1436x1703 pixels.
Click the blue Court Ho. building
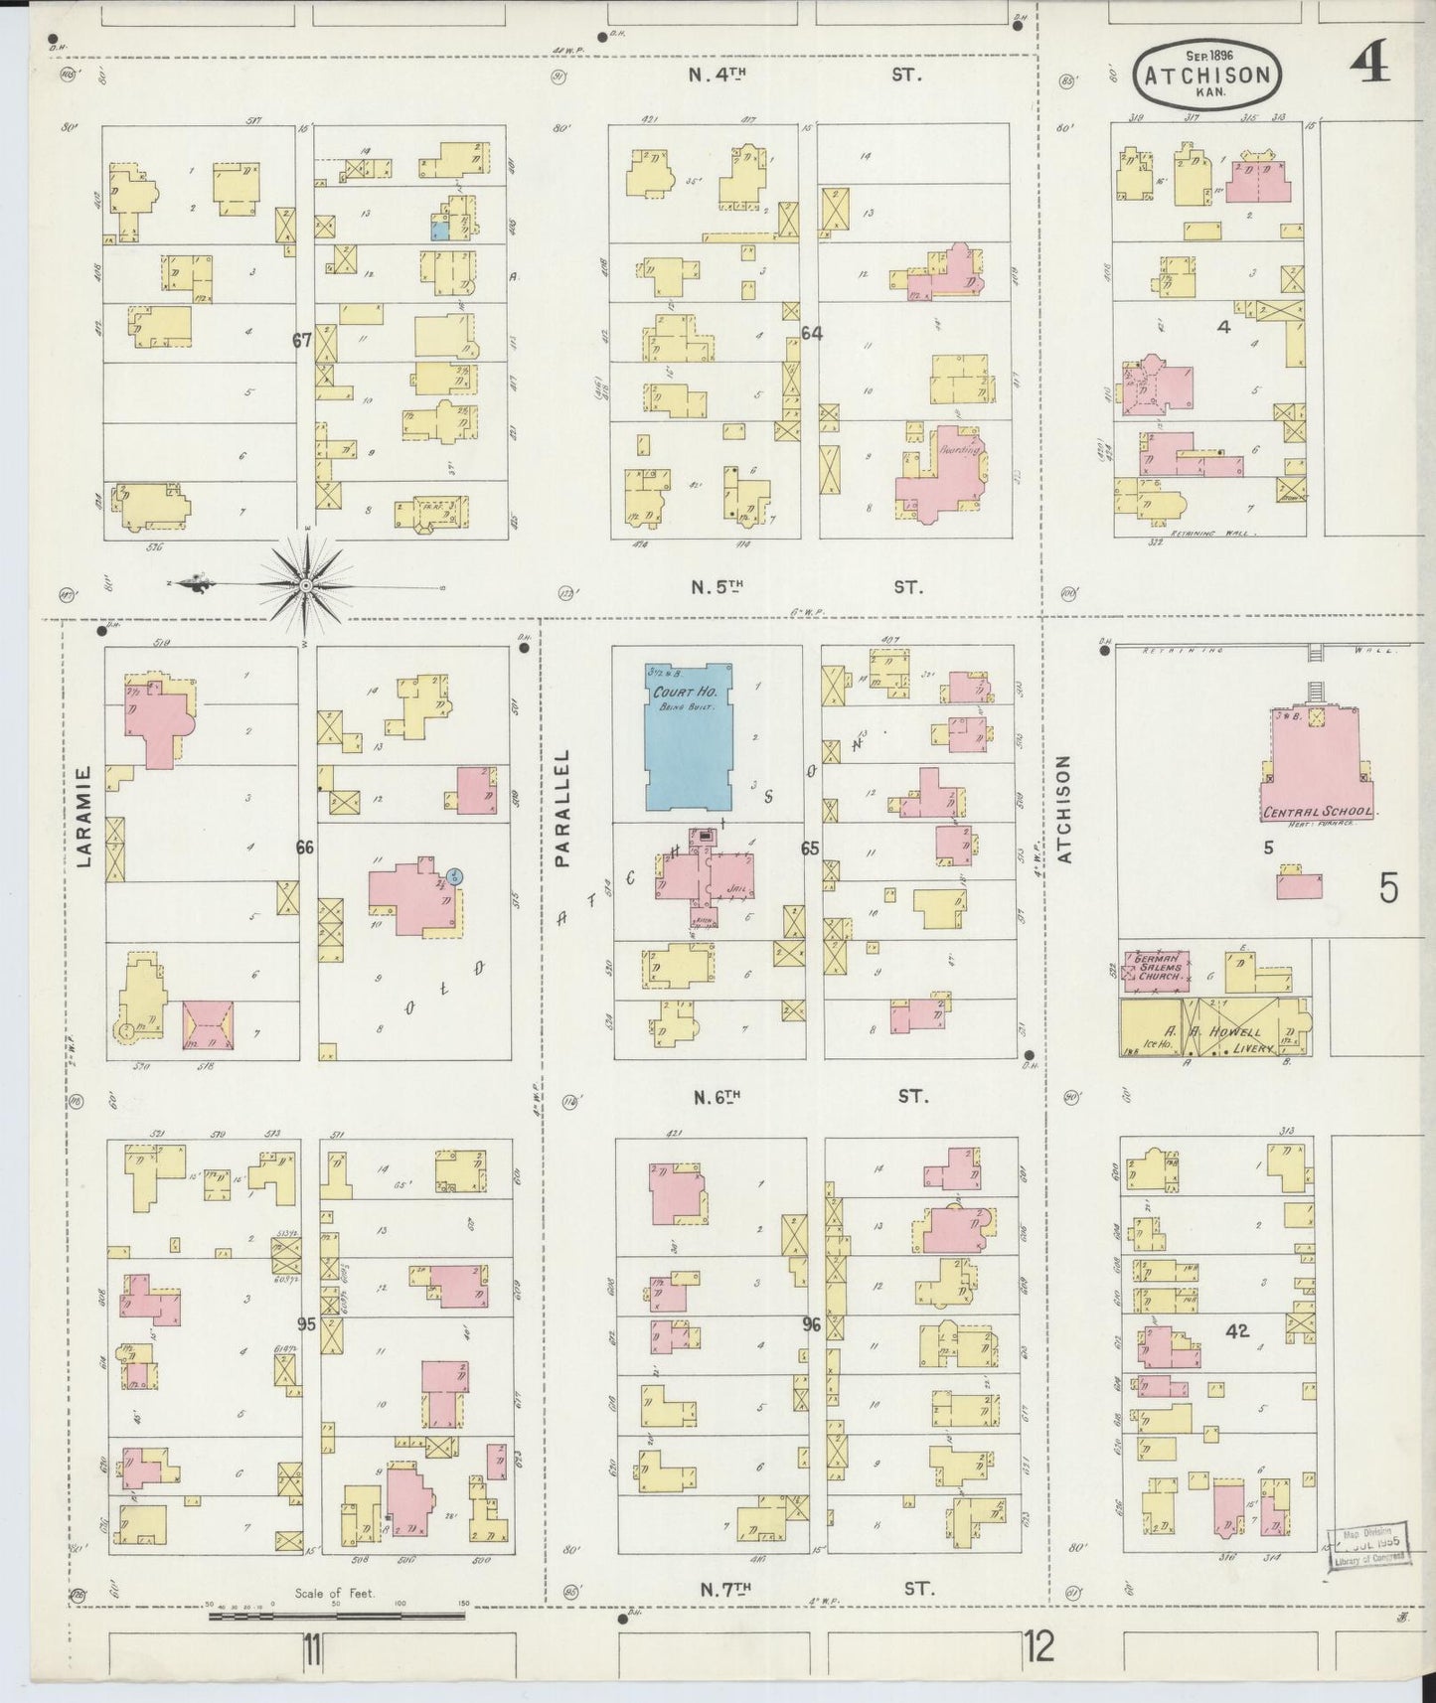coord(689,737)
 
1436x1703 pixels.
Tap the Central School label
coord(1317,812)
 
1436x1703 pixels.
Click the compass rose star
coord(306,586)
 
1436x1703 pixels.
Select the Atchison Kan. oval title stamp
coord(1206,75)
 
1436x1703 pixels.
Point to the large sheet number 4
coord(1369,68)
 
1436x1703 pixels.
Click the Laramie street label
coord(83,829)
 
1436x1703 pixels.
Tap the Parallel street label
coord(563,809)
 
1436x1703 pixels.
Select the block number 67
coord(302,340)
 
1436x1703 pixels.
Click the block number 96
coord(811,1323)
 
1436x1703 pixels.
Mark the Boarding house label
coord(960,449)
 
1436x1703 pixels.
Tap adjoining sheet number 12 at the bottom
coord(1039,1648)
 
